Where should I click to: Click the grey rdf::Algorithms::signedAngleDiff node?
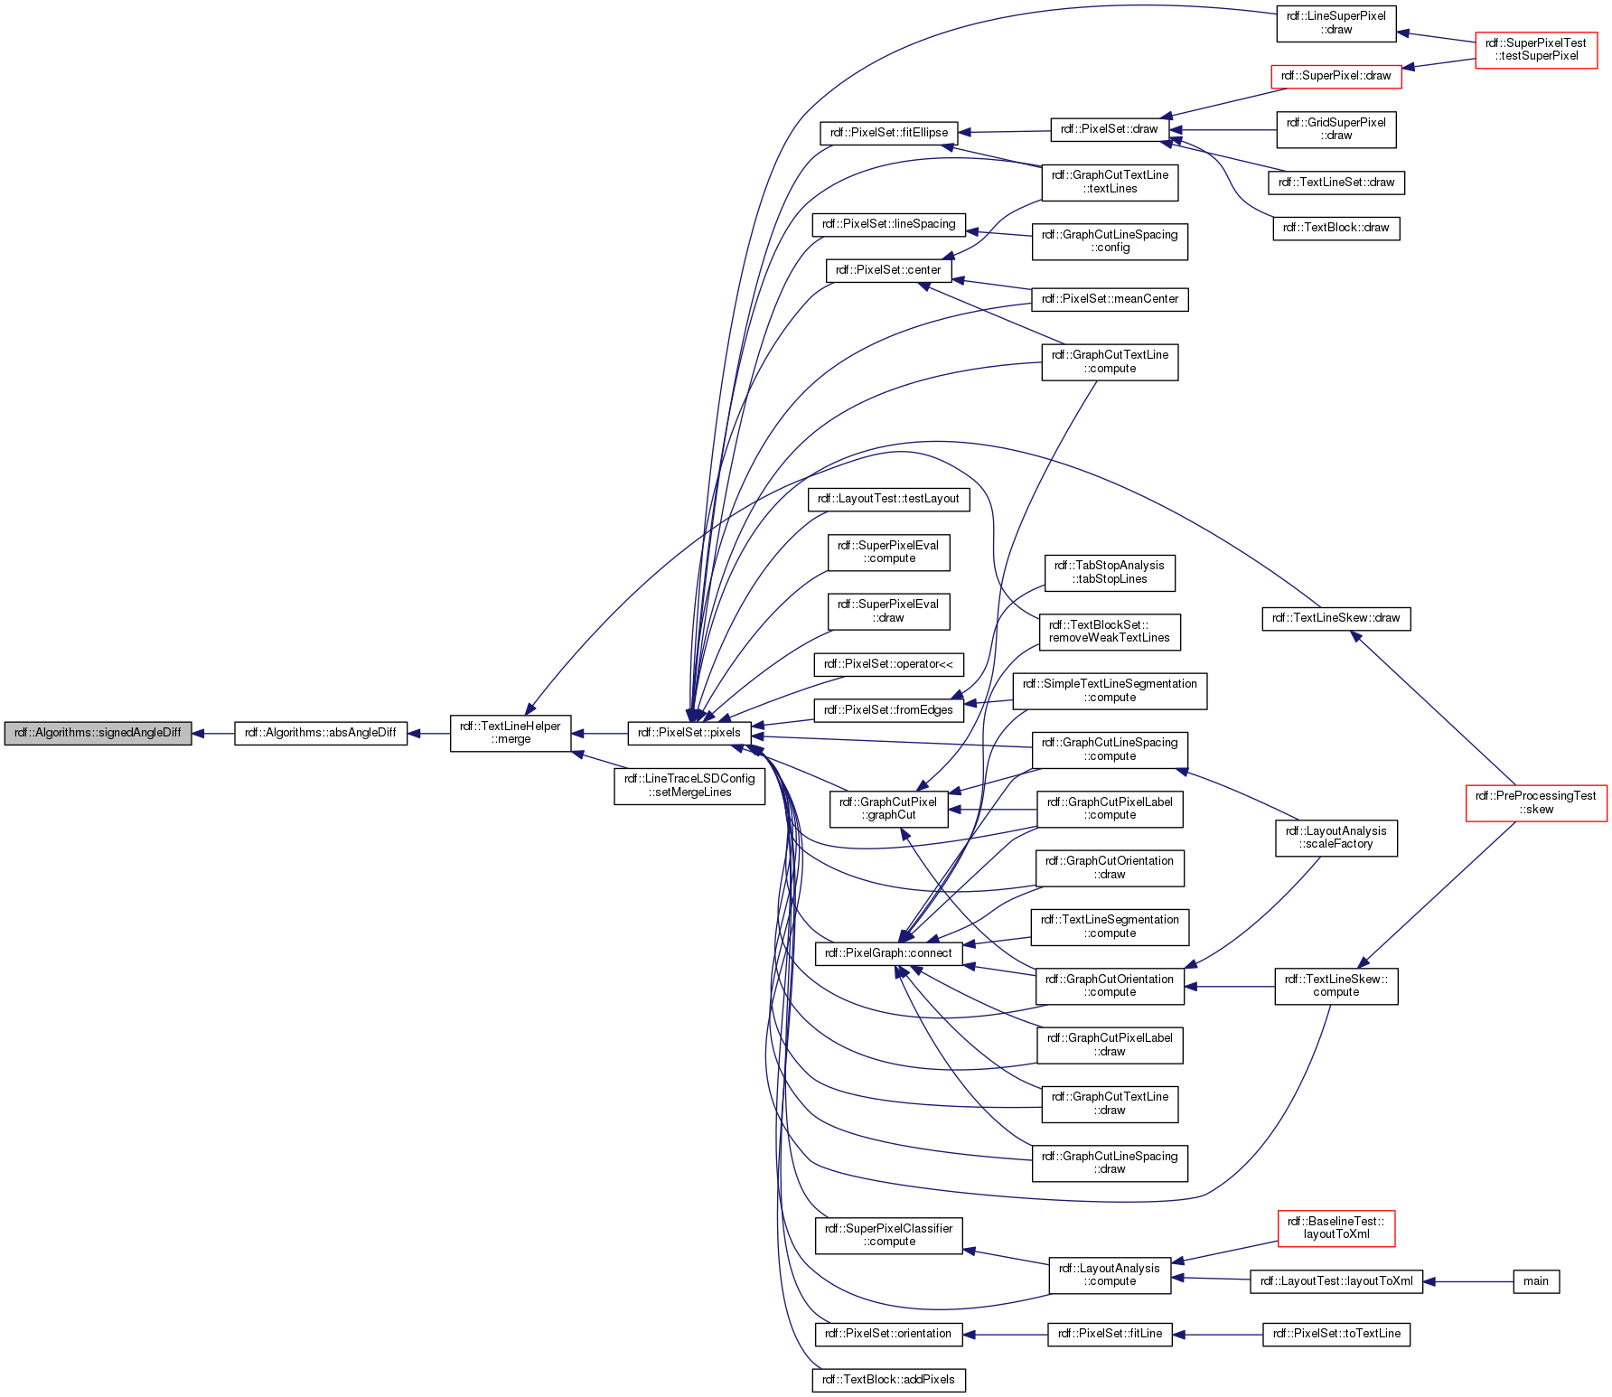[x=98, y=733]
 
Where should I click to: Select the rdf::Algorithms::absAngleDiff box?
[x=321, y=733]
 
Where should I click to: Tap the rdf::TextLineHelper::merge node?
[x=511, y=733]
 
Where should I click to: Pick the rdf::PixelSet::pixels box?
[x=689, y=733]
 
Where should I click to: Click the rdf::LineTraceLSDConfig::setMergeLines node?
[x=689, y=785]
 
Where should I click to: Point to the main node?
[x=1535, y=1281]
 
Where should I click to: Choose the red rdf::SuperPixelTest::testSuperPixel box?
[x=1535, y=50]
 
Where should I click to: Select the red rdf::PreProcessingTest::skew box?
[x=1535, y=802]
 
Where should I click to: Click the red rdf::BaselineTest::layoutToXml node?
[x=1336, y=1228]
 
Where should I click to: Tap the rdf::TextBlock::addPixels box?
[x=888, y=1380]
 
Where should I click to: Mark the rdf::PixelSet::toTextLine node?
[x=1336, y=1334]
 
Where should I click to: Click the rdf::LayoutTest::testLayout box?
[x=888, y=499]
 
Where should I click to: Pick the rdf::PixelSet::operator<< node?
[x=888, y=664]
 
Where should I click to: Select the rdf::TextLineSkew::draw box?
[x=1336, y=618]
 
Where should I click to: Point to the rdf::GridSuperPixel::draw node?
[x=1336, y=129]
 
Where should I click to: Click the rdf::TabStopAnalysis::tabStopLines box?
[x=1110, y=573]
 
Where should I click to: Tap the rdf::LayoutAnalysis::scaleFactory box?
[x=1336, y=838]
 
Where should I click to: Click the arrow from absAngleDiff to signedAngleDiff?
[x=213, y=734]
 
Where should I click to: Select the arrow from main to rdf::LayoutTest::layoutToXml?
[x=1468, y=1281]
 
